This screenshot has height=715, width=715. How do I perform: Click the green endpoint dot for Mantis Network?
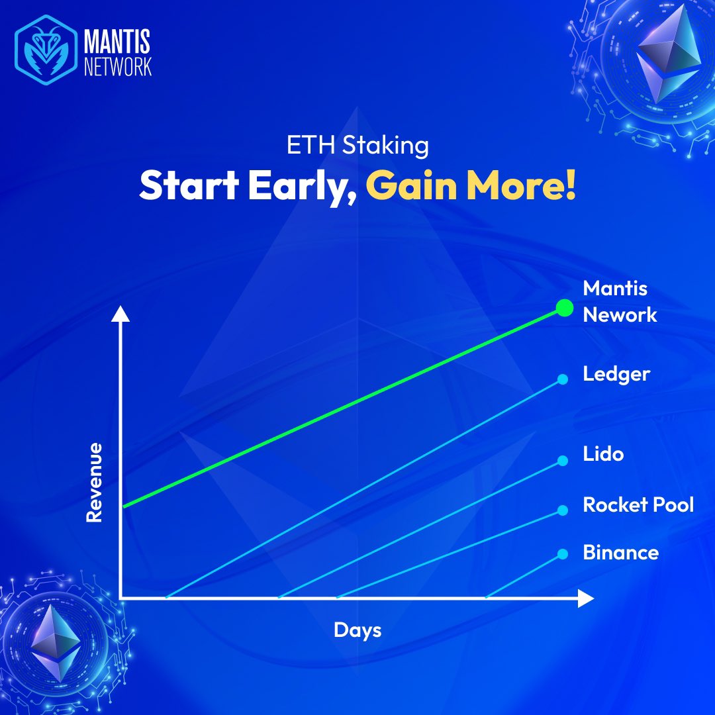563,308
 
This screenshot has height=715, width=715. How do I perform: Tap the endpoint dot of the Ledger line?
563,379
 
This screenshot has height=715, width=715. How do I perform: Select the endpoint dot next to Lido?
563,460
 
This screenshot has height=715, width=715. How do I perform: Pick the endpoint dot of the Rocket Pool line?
563,510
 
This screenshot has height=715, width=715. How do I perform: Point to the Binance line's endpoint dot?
563,553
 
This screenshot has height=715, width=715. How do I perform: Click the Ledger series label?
616,375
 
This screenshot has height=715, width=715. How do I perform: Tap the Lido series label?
603,455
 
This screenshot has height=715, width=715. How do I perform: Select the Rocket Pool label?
638,505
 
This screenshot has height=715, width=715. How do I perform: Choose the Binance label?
620,552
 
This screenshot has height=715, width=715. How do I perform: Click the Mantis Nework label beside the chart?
619,301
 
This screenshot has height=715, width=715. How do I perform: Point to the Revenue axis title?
95,482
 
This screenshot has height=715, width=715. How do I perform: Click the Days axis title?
358,629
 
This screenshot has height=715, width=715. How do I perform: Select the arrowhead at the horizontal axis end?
585,598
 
